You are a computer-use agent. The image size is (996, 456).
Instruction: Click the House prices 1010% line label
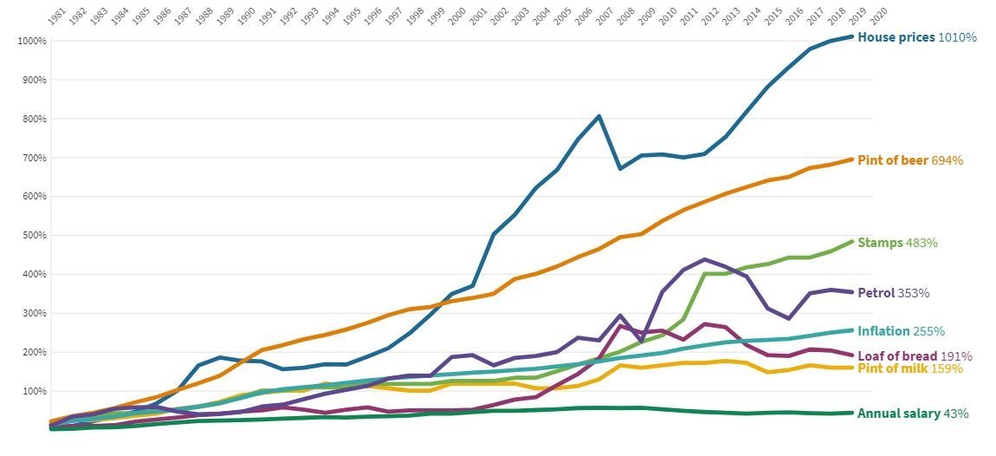click(x=916, y=37)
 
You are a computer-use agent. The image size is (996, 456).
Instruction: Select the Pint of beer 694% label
click(x=909, y=160)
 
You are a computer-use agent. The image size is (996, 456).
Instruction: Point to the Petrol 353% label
click(x=893, y=293)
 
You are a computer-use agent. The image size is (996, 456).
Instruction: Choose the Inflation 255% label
click(x=901, y=331)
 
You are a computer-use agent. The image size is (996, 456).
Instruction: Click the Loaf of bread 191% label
click(x=915, y=355)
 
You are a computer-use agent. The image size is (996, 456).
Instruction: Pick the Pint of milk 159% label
click(x=910, y=368)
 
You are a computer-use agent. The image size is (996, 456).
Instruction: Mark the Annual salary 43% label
click(x=912, y=414)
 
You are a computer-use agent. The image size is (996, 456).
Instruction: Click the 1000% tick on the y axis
click(x=31, y=41)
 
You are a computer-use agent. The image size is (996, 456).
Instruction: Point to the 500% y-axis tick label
click(x=34, y=235)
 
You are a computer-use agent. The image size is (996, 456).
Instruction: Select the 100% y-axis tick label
click(x=34, y=391)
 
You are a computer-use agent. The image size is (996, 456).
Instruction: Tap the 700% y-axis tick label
click(x=34, y=158)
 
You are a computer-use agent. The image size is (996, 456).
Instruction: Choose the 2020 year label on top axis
click(x=878, y=18)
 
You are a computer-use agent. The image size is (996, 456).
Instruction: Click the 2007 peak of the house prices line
click(x=599, y=116)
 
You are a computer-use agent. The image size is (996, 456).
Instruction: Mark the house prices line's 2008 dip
click(x=620, y=168)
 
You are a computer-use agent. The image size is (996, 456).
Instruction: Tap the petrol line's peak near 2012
click(x=705, y=259)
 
